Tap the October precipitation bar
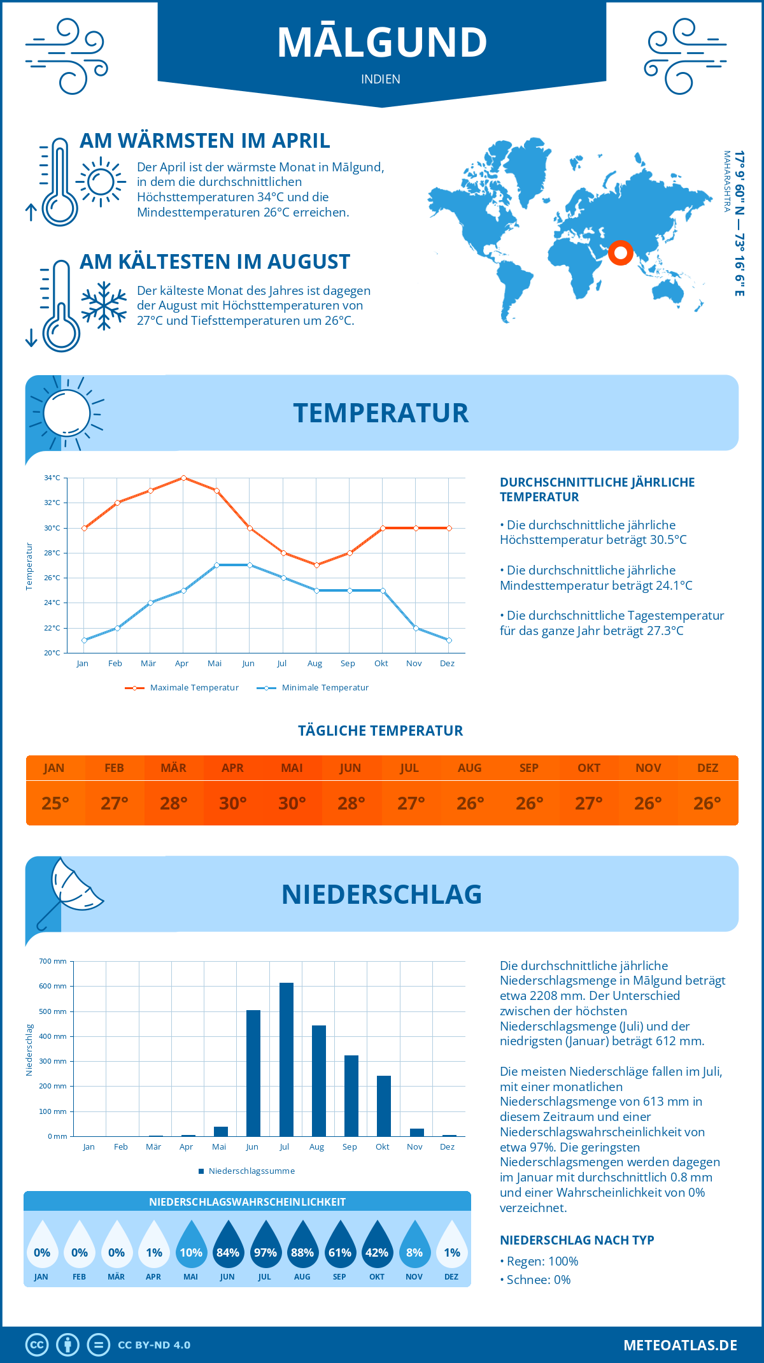point(384,1106)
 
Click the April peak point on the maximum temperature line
point(183,478)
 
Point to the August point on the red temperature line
point(316,565)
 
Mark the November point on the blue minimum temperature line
point(416,628)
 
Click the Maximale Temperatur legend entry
point(182,688)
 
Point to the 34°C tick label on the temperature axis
point(52,478)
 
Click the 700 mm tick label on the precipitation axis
point(53,961)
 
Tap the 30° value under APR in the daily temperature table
point(232,803)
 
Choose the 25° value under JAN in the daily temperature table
point(55,803)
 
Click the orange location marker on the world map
point(620,253)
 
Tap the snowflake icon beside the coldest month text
point(104,306)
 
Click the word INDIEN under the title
point(381,79)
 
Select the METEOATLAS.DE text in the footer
point(680,1345)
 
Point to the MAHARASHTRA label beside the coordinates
point(726,182)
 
